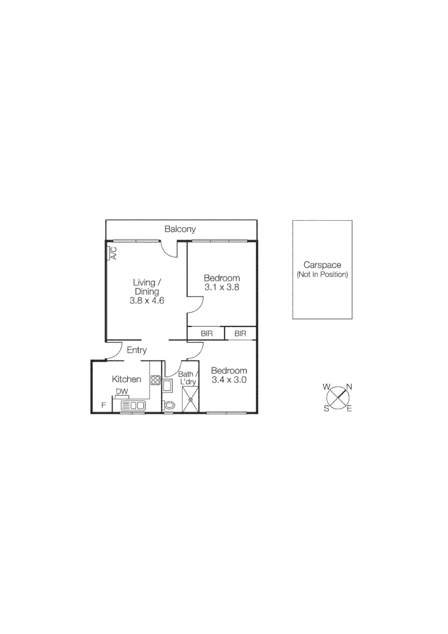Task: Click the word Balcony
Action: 180,229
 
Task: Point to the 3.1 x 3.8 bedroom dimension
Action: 221,288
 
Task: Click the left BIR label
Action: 206,334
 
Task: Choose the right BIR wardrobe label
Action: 240,334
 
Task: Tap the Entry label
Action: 137,350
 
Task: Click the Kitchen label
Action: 126,379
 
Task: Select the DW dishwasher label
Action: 121,392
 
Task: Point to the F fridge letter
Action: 103,404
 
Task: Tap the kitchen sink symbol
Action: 133,405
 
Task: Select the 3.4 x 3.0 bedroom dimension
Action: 229,380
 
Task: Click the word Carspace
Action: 322,265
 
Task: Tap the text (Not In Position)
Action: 322,275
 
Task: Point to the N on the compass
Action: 349,386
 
